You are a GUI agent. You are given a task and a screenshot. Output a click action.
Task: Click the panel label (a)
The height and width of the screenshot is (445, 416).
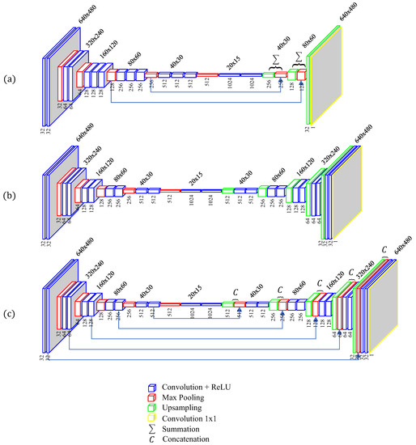[9, 79]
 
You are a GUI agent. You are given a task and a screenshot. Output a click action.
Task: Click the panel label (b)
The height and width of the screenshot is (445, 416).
[9, 195]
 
